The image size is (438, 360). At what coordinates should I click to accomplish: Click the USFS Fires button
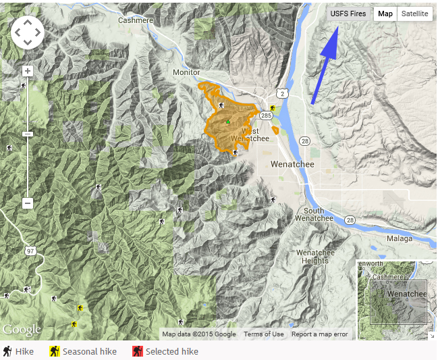click(348, 14)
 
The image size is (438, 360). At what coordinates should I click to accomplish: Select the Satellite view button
click(414, 14)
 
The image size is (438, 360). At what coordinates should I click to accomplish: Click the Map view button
click(385, 14)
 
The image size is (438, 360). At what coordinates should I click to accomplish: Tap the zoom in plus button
click(28, 71)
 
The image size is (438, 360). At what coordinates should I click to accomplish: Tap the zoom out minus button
click(28, 203)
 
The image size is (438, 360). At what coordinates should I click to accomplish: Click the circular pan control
click(28, 32)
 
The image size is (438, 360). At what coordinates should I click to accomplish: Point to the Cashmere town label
click(135, 20)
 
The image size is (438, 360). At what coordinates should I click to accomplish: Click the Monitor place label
click(186, 72)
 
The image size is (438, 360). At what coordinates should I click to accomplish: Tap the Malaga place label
click(399, 238)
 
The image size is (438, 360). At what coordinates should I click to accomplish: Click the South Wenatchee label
click(314, 215)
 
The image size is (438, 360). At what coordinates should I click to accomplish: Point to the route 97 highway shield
click(29, 251)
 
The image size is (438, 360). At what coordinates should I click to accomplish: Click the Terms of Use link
click(263, 334)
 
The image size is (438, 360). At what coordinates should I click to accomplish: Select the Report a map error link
click(319, 334)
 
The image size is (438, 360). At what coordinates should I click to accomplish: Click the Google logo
click(22, 330)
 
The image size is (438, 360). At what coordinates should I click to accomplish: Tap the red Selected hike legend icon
click(137, 351)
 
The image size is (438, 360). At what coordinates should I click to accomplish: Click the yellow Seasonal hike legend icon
click(55, 351)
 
